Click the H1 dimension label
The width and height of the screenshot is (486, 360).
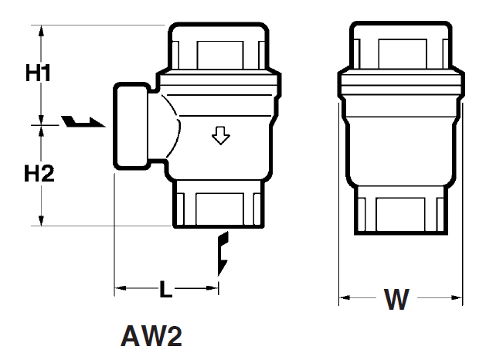click(x=38, y=73)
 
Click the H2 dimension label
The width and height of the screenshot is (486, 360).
click(x=39, y=173)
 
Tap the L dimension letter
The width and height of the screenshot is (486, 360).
click(x=166, y=289)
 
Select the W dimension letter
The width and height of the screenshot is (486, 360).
click(x=396, y=299)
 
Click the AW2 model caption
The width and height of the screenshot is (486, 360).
click(x=151, y=336)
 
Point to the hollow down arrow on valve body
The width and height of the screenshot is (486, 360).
click(x=221, y=135)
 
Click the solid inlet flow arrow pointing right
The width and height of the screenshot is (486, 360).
click(x=83, y=121)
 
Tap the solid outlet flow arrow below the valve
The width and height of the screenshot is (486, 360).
click(x=223, y=253)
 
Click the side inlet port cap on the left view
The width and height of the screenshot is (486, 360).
click(x=131, y=126)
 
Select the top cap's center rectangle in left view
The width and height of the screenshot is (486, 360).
click(x=220, y=55)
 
